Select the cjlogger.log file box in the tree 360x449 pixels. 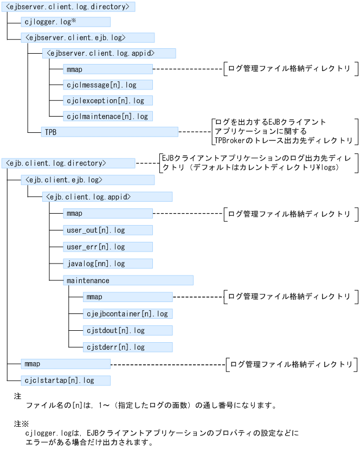66,22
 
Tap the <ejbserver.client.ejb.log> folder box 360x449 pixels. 87,38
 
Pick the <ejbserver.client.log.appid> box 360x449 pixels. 109,54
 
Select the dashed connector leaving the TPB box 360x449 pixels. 194,132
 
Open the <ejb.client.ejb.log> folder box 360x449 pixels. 87,179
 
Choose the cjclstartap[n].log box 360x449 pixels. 66,381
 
